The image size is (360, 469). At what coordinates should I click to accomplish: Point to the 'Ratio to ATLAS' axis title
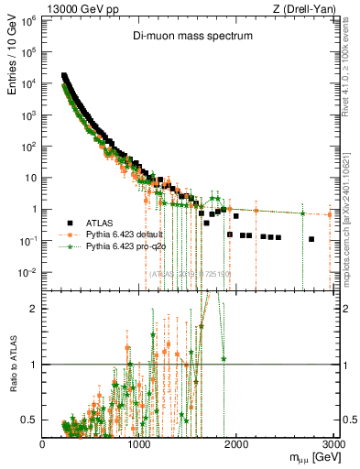[13, 386]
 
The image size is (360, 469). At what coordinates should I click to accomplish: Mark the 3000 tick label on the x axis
[333, 443]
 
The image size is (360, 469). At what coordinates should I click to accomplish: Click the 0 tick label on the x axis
[42, 443]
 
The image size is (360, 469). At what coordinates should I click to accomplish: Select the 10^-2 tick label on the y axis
[27, 272]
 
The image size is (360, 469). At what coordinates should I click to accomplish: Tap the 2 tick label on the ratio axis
[33, 309]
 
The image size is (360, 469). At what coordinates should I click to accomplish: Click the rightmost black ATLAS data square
[311, 239]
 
